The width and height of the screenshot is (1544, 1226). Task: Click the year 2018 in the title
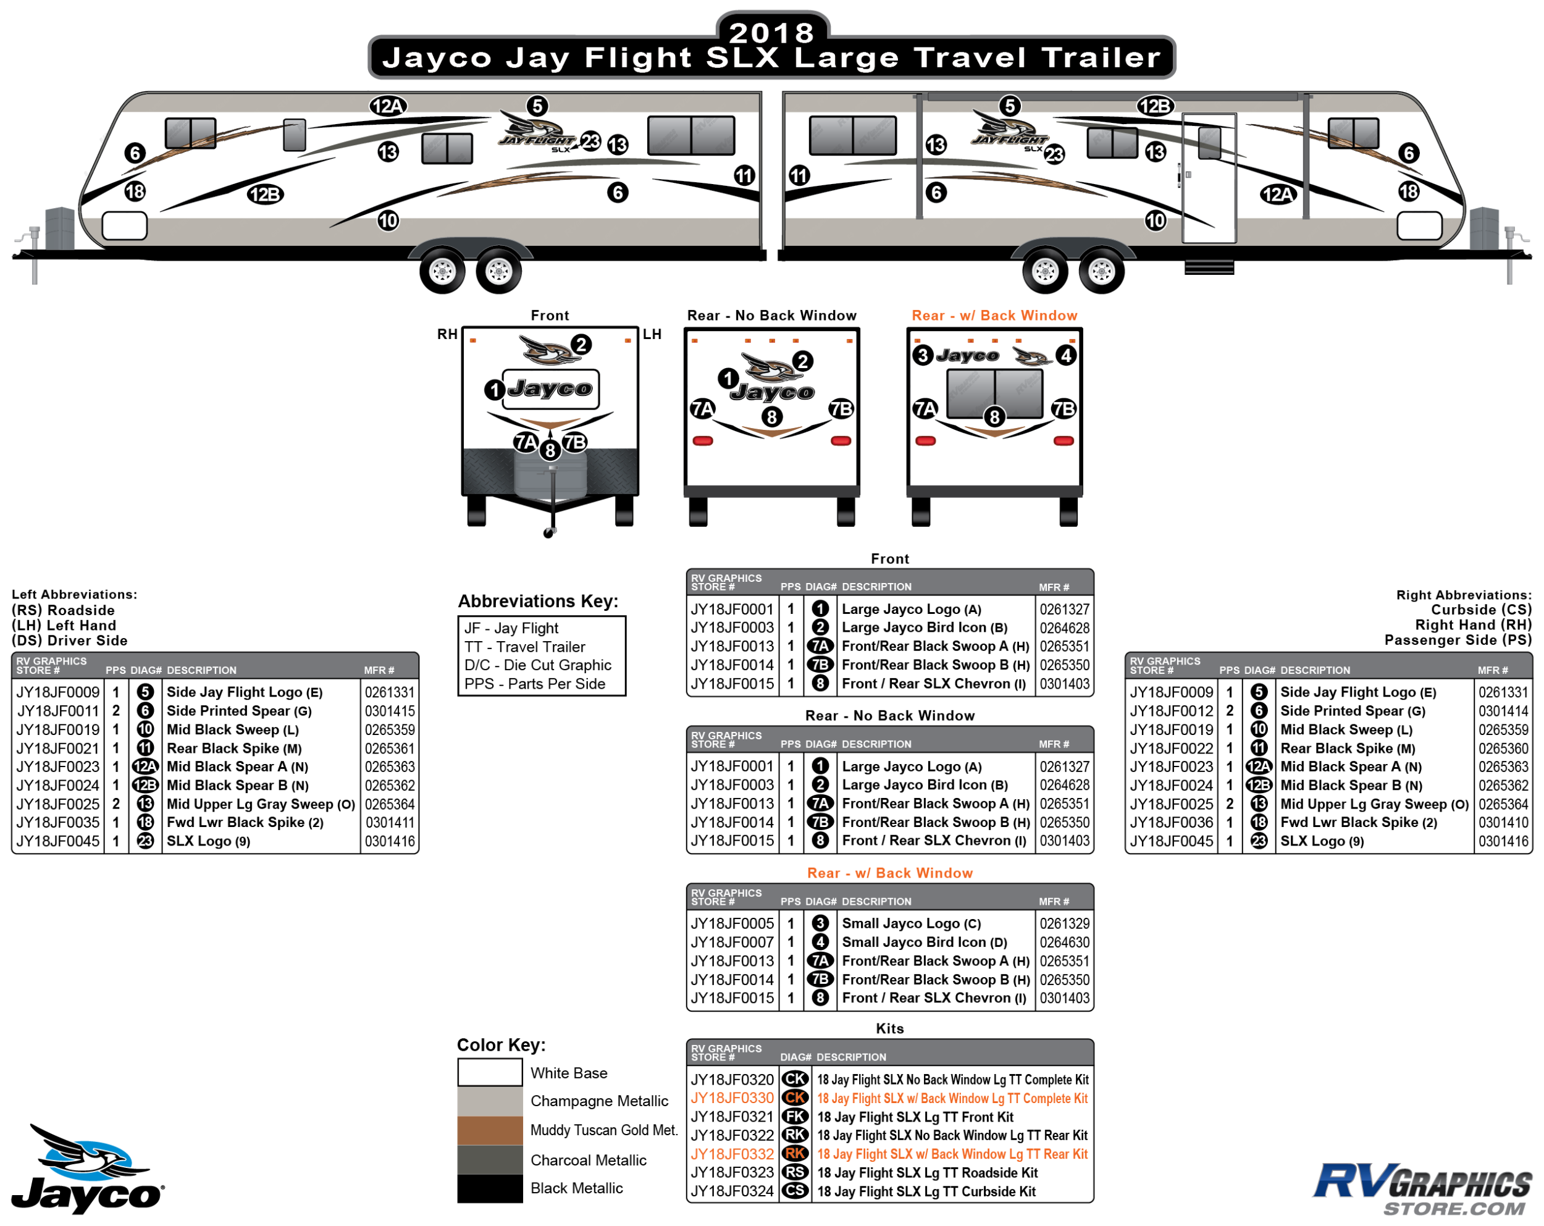click(x=771, y=32)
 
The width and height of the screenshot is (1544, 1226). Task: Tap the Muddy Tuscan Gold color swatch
click(x=490, y=1130)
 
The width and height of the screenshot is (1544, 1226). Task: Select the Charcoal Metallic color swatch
click(x=490, y=1159)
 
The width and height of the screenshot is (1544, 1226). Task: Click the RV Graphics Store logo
click(x=1422, y=1190)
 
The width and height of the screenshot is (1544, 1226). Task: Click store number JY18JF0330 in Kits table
click(x=732, y=1098)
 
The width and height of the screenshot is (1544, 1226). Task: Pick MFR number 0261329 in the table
click(x=1064, y=924)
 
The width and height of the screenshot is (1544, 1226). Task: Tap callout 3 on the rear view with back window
click(x=923, y=355)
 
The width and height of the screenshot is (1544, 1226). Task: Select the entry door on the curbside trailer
click(x=1209, y=179)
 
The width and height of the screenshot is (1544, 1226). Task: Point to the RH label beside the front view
click(x=448, y=334)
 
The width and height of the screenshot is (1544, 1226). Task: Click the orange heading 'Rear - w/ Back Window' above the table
click(x=889, y=873)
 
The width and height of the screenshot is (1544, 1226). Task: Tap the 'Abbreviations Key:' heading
click(x=538, y=601)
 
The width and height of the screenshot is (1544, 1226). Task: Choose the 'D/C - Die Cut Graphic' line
click(x=538, y=665)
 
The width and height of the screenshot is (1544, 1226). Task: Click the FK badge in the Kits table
click(x=794, y=1117)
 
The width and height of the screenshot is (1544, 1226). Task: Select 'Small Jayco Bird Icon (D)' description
click(x=925, y=943)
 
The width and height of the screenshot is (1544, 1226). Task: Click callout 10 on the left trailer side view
click(x=388, y=220)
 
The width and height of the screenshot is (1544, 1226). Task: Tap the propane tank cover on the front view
click(x=550, y=473)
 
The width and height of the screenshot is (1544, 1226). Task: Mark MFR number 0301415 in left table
click(x=390, y=711)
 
